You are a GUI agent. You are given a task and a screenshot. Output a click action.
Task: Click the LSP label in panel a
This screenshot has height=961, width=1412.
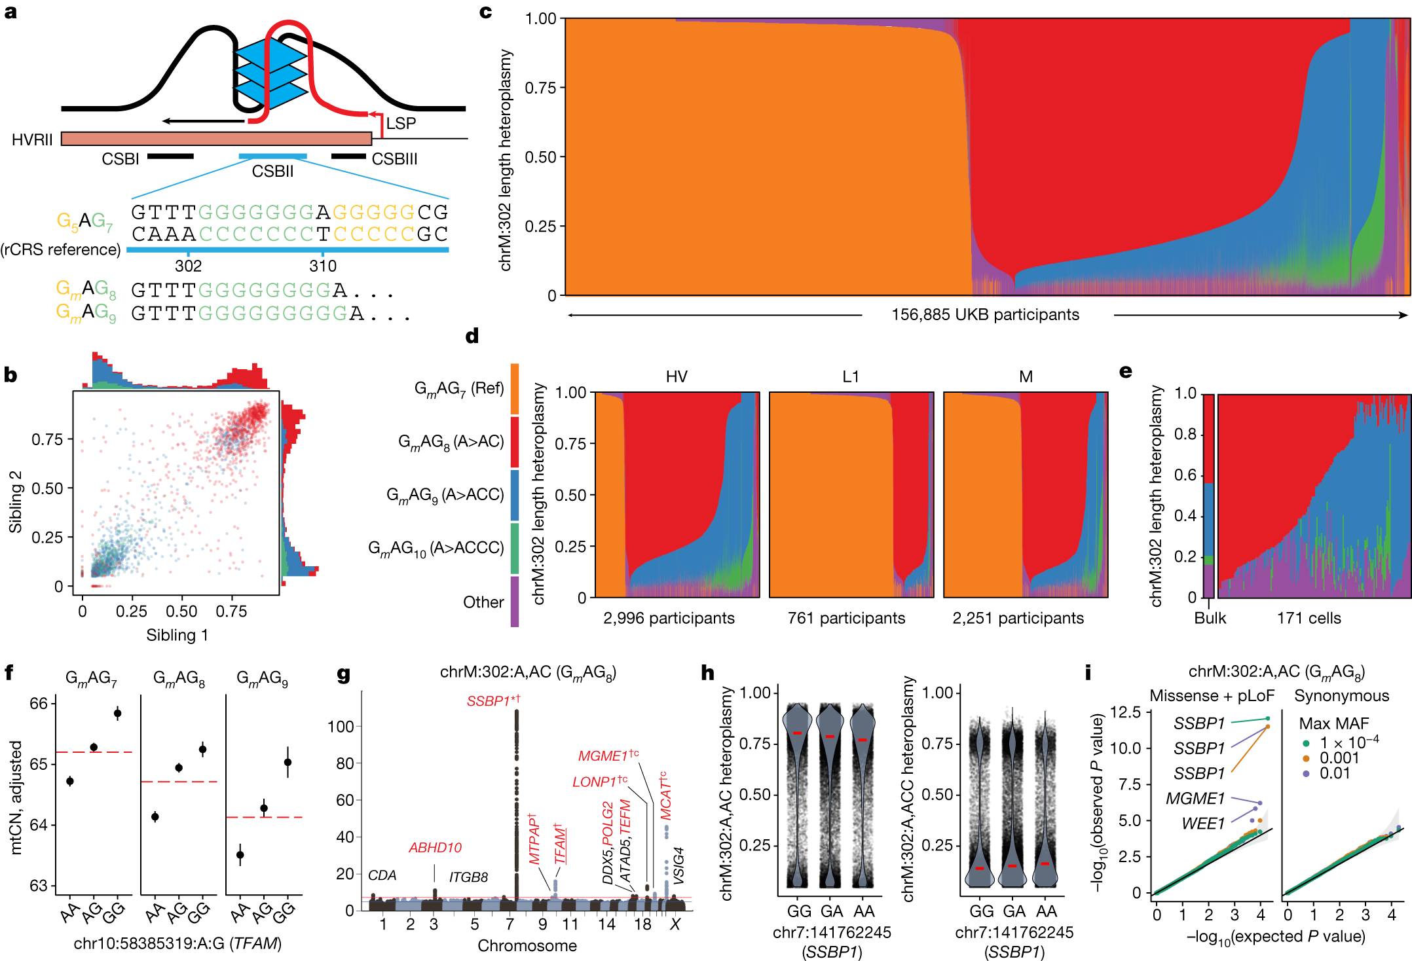click(401, 123)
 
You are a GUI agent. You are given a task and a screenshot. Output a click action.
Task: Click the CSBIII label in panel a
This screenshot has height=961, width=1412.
click(394, 159)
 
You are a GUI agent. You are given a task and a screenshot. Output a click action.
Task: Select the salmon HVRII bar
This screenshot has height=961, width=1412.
click(216, 139)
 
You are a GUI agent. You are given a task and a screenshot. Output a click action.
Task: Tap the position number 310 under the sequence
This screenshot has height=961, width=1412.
click(323, 266)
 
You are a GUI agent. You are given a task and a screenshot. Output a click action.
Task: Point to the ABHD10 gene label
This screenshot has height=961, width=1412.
click(435, 848)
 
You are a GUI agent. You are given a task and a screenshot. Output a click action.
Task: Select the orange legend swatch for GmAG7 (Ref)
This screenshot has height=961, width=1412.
click(515, 389)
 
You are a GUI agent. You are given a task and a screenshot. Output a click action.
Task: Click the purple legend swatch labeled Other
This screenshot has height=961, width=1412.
click(515, 601)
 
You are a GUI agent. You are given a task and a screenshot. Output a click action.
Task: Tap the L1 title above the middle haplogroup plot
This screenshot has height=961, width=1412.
click(850, 376)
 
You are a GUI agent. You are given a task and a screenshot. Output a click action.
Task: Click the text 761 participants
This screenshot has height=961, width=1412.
click(846, 618)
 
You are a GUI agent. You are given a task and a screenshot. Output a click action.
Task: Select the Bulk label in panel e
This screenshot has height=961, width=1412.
click(1210, 618)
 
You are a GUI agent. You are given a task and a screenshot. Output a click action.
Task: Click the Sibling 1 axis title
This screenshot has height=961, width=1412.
click(177, 635)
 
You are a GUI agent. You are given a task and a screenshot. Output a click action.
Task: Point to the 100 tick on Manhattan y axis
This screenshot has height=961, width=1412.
click(341, 727)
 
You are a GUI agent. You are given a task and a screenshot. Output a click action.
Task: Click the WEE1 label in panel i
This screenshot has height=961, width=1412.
click(1202, 824)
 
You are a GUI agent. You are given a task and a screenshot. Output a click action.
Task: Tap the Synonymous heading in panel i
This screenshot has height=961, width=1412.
click(1341, 696)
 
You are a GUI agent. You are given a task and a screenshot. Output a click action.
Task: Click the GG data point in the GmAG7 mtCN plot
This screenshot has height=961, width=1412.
click(118, 713)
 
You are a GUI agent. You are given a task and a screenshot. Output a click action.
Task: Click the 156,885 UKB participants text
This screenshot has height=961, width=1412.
click(985, 315)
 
